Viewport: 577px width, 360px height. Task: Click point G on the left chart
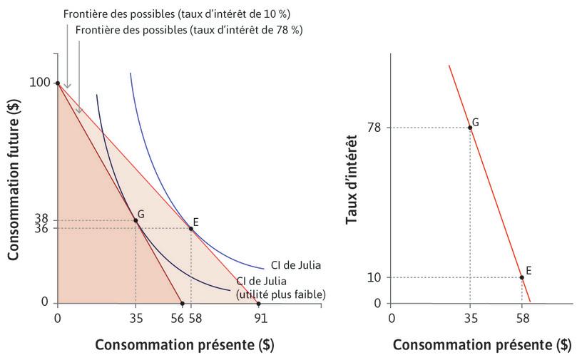(136, 220)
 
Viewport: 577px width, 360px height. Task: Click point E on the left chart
(190, 228)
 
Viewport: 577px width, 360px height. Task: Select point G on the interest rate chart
(469, 128)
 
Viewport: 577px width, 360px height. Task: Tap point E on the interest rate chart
(521, 277)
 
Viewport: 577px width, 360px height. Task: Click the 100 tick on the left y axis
(39, 83)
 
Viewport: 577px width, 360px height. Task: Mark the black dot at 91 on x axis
(258, 303)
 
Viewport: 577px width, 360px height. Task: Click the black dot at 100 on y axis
(57, 83)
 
